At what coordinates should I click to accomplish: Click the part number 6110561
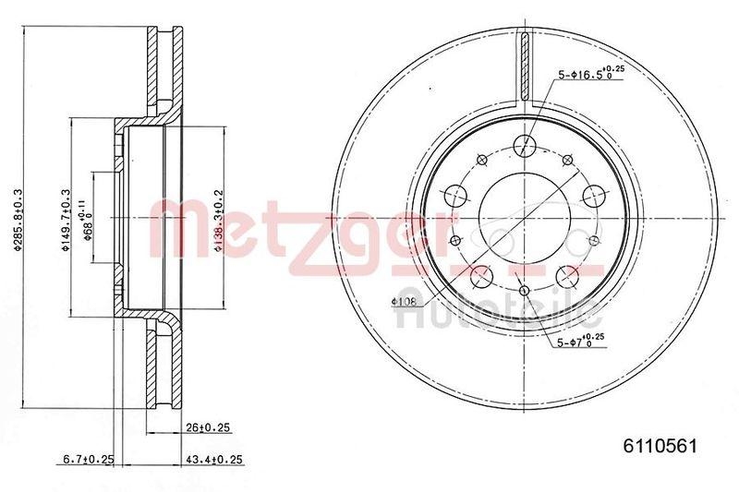click(x=662, y=445)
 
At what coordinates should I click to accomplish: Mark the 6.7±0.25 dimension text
click(x=88, y=460)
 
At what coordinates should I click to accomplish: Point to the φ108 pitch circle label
click(x=405, y=301)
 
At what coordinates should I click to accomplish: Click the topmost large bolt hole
click(x=525, y=144)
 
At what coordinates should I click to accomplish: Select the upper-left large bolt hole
click(x=455, y=195)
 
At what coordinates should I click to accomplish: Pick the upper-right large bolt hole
click(x=594, y=195)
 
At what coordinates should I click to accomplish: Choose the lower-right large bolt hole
click(x=567, y=276)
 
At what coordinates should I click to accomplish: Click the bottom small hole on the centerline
click(x=525, y=293)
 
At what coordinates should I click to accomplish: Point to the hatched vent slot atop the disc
click(x=524, y=69)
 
